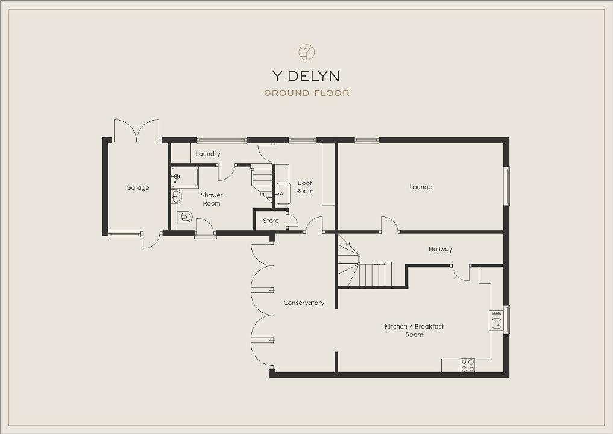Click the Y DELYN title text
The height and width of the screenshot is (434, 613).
[306, 76]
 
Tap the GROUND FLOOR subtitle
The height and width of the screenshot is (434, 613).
[306, 93]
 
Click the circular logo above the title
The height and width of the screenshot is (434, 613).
[306, 52]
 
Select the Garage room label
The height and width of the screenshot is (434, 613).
[137, 187]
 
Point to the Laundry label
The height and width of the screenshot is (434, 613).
[208, 154]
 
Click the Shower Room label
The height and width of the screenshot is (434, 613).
[212, 199]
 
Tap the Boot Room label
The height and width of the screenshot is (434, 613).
[305, 187]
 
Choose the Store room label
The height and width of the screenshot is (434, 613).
[271, 221]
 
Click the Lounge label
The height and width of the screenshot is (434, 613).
[421, 187]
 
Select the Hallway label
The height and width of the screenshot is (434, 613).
[441, 249]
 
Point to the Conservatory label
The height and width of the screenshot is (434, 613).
[304, 303]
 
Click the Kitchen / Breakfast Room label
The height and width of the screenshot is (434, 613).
[415, 330]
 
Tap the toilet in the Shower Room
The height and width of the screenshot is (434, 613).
[185, 216]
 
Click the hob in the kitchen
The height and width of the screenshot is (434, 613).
[468, 365]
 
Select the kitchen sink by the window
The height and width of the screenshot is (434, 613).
[497, 320]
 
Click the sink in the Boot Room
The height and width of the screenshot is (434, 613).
[283, 193]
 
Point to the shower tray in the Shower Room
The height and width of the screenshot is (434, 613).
[184, 177]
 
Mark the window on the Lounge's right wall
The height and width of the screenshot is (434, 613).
[507, 186]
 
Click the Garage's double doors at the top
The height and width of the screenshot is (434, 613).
[136, 130]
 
